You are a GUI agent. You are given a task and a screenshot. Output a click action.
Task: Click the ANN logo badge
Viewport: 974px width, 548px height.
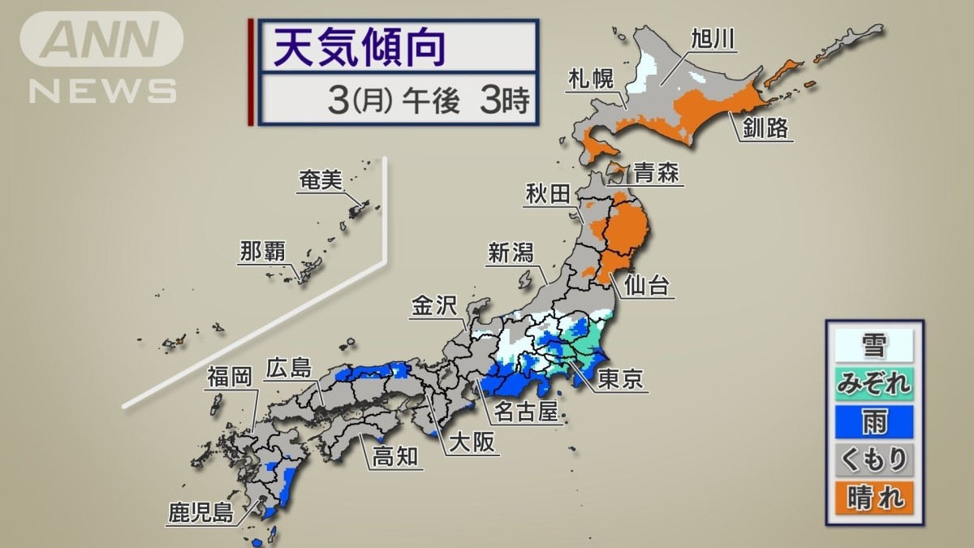pyautogui.click(x=101, y=39)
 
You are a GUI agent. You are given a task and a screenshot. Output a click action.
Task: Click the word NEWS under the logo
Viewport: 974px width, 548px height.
pyautogui.click(x=102, y=90)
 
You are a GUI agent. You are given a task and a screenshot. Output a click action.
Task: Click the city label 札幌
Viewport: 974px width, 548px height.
pyautogui.click(x=591, y=80)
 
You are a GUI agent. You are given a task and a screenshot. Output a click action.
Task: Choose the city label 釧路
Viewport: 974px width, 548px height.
pyautogui.click(x=765, y=127)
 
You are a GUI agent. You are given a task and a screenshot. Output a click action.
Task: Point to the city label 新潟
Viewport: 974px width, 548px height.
pyautogui.click(x=511, y=252)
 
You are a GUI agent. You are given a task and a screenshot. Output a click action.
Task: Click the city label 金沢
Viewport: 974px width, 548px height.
pyautogui.click(x=434, y=305)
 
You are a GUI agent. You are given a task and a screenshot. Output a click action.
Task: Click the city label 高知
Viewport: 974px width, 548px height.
pyautogui.click(x=395, y=456)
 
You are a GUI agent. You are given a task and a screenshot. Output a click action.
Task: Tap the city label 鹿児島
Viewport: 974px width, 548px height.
pyautogui.click(x=200, y=512)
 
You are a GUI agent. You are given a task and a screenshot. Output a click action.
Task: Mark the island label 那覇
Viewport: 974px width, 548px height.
pyautogui.click(x=262, y=252)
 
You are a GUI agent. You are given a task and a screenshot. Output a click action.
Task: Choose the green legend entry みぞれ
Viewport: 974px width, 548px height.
pyautogui.click(x=873, y=382)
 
